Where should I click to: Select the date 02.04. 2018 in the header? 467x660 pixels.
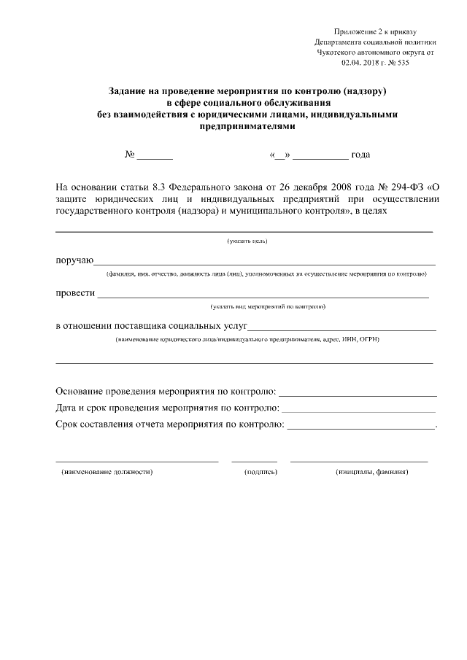point(358,63)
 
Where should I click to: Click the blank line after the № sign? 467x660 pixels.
point(155,155)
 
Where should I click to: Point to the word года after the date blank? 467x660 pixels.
point(360,155)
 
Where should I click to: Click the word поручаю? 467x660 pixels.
point(74,260)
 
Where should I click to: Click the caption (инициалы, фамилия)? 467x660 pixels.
point(372,472)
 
